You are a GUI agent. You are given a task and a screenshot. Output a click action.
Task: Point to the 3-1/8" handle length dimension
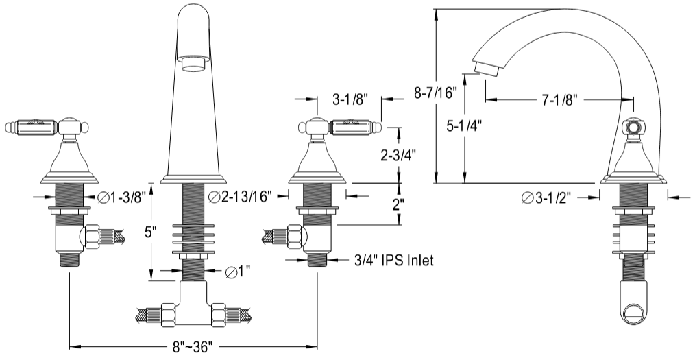click(x=350, y=99)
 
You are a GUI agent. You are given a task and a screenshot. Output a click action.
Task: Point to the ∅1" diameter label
click(x=236, y=272)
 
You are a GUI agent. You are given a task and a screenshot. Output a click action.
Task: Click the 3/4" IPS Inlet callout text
click(x=394, y=261)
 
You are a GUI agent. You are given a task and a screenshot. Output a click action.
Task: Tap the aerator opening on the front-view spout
click(x=194, y=64)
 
